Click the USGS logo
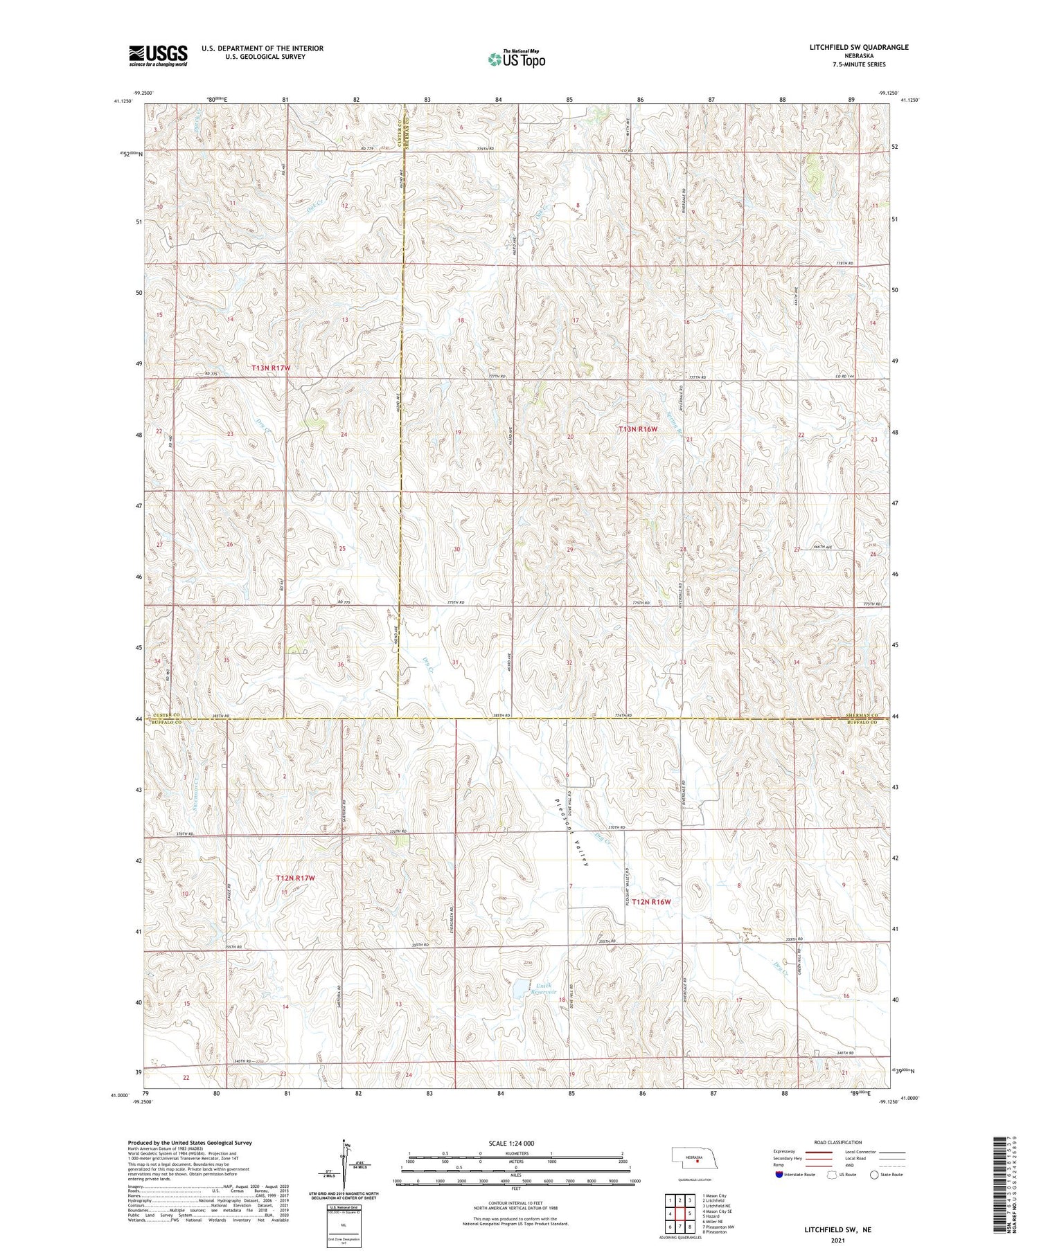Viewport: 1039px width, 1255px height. pos(158,55)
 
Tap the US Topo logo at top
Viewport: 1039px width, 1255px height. pos(516,59)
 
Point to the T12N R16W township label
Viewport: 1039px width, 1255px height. pos(651,902)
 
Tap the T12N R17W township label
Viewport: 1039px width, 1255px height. pos(296,878)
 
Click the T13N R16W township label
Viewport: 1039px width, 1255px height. pos(637,429)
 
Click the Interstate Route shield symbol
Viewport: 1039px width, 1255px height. pos(780,1175)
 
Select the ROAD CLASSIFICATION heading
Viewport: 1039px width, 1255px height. pos(838,1142)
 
